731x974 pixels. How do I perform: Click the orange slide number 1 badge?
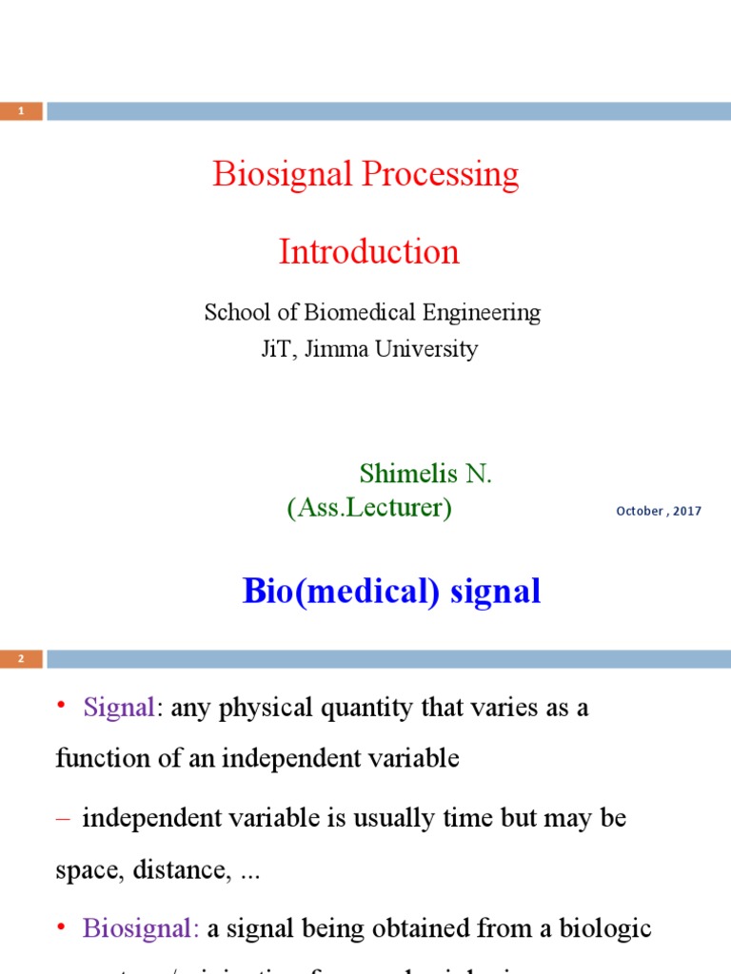[21, 111]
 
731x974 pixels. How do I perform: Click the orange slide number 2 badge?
[21, 658]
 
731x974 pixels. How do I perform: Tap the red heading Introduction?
[368, 252]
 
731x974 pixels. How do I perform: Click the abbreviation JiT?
[277, 349]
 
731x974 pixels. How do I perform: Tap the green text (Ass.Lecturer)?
[369, 509]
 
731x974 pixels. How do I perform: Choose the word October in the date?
[640, 511]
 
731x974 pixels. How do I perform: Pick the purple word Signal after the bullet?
[118, 709]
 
